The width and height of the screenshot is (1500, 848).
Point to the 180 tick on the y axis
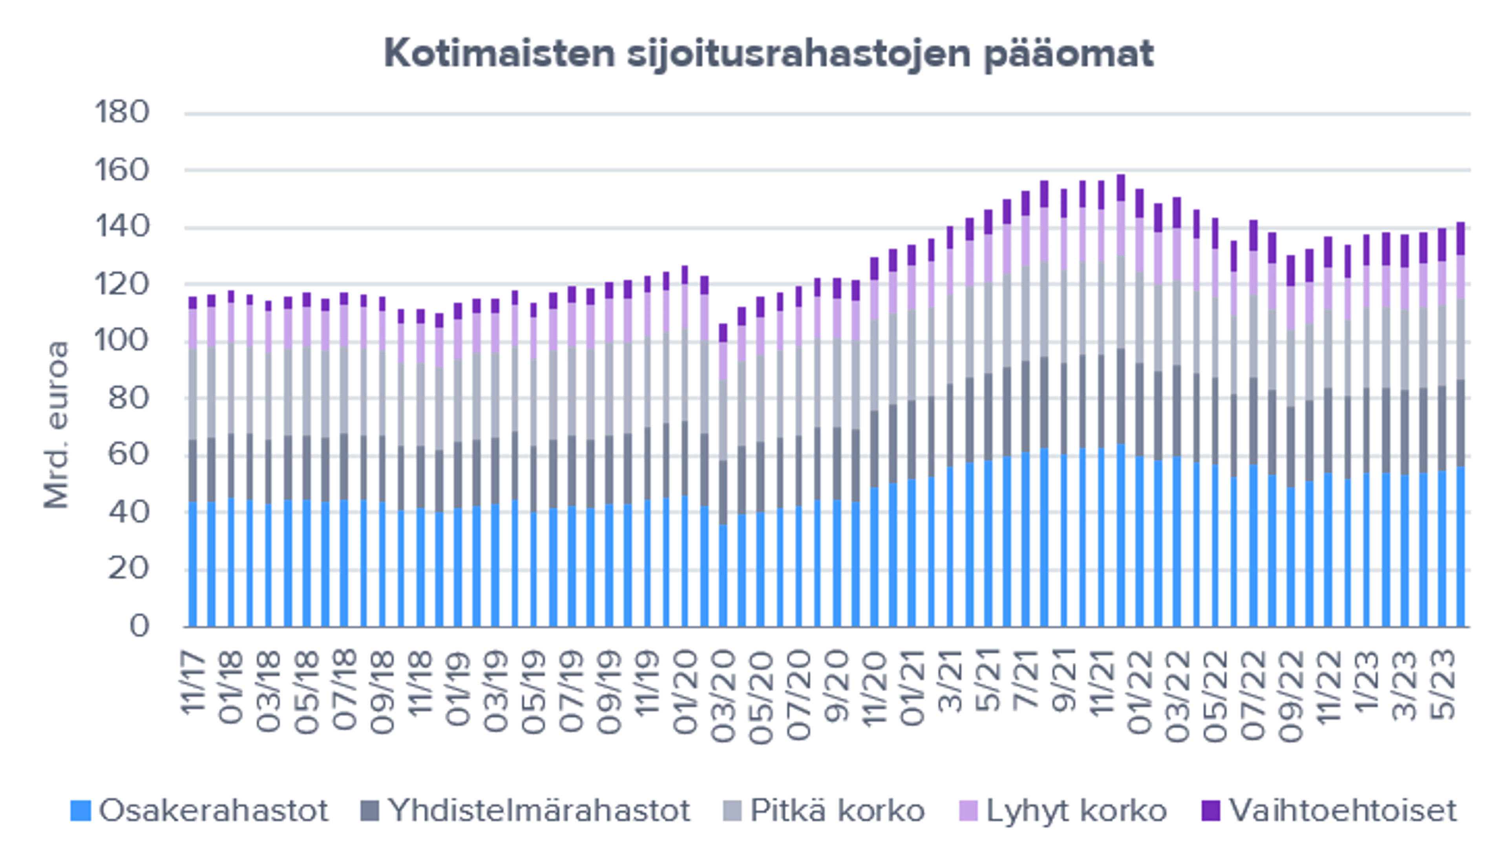[x=122, y=112]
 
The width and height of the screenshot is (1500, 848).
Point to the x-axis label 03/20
[x=723, y=696]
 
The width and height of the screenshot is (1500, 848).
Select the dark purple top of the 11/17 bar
[x=193, y=303]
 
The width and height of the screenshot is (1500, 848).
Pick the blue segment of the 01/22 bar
[x=1140, y=542]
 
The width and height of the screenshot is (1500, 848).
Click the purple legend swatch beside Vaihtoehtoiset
[x=1211, y=811]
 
